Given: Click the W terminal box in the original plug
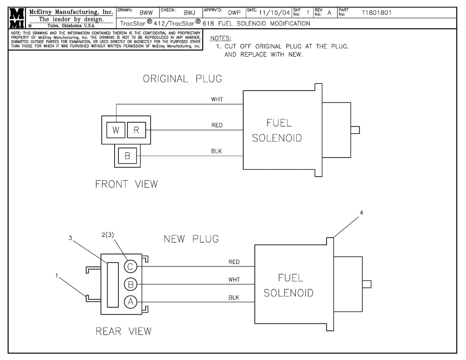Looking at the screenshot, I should [116, 130].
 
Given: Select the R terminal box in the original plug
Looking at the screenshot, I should [136, 130].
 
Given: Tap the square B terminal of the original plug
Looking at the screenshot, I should [127, 156].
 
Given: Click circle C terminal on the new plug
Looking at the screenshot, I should [130, 266].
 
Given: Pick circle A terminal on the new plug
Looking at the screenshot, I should [130, 302].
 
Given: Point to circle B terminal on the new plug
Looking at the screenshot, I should [130, 284].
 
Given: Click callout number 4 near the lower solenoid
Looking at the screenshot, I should [362, 213].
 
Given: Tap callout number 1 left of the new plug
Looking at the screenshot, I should [57, 276].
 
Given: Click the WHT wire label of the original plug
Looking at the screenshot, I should [217, 99].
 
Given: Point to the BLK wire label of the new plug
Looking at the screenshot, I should [234, 297].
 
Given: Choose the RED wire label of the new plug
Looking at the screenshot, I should [234, 262].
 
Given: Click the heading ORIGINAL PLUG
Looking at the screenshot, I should [183, 79].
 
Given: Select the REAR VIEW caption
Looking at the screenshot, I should [123, 331].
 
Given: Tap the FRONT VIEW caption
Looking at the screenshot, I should [127, 184].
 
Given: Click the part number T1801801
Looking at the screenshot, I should [377, 13].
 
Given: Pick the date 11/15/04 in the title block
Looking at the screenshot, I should [274, 13].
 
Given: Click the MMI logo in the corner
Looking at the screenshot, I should [17, 18].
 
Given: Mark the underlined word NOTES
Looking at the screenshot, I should [220, 38].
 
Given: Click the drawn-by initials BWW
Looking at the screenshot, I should [146, 13].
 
